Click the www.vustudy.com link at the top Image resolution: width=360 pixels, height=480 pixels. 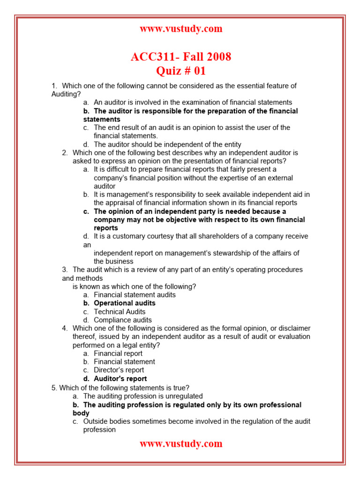click(181, 29)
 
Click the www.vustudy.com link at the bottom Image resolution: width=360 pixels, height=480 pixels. click(181, 444)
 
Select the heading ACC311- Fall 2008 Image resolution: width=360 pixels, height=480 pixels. click(181, 57)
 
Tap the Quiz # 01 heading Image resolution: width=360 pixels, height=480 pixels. click(181, 71)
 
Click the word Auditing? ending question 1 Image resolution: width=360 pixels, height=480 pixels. click(66, 94)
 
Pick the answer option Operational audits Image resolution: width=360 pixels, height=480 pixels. click(125, 303)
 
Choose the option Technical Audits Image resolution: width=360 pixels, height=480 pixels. click(120, 312)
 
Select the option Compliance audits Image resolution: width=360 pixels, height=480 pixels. click(123, 320)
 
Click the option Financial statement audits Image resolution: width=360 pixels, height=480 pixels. click(135, 295)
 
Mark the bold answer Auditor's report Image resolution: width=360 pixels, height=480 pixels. click(120, 379)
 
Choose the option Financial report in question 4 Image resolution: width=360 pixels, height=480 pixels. click(118, 353)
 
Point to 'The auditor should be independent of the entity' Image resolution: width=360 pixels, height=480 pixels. click(167, 144)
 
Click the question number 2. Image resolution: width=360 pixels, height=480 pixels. click(65, 153)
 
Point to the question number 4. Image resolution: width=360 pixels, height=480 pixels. click(65, 328)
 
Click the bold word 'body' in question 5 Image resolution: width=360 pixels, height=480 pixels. click(81, 413)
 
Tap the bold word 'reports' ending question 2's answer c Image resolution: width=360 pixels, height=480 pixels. click(106, 228)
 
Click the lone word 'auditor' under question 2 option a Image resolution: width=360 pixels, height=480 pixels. click(105, 186)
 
